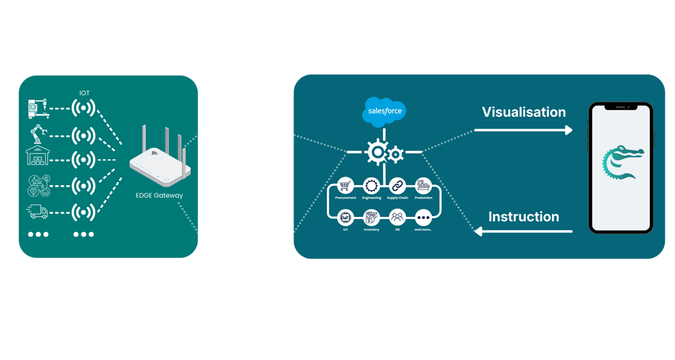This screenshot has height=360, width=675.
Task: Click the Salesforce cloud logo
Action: point(384,111)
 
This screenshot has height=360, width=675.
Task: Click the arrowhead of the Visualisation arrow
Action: point(568,131)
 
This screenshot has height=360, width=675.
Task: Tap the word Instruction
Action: point(523,216)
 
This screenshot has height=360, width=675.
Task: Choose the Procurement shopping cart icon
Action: point(345,186)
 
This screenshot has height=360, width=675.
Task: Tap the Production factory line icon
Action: point(423,186)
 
